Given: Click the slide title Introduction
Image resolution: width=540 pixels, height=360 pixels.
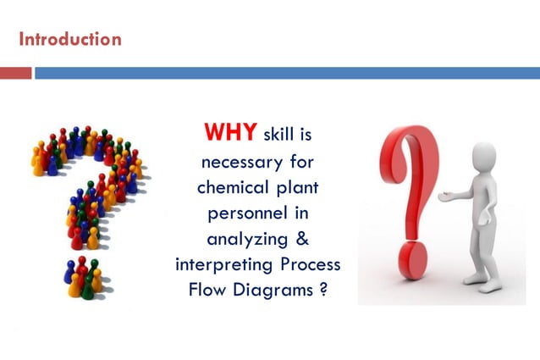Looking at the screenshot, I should point(69,39).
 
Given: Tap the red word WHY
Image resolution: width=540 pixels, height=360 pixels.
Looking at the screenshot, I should point(231,133).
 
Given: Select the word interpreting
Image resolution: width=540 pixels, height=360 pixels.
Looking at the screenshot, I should point(220,263).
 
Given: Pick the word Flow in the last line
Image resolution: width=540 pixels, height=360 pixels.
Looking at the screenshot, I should point(209,290).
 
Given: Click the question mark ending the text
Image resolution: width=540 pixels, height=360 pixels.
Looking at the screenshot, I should point(324,290).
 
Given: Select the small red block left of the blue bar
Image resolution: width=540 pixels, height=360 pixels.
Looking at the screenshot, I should point(15,73).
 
